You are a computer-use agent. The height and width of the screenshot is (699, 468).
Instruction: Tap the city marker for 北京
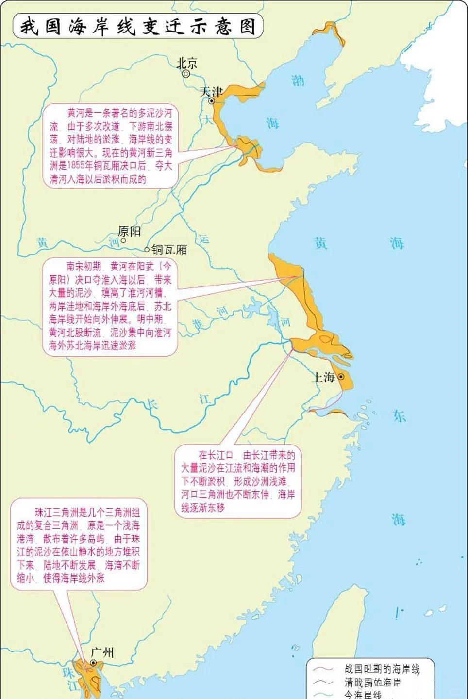click(186, 74)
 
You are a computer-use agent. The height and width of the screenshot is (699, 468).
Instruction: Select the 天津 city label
click(211, 91)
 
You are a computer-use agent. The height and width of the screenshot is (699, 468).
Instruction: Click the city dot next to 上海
click(341, 377)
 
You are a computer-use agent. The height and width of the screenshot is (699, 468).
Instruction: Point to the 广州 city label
click(103, 652)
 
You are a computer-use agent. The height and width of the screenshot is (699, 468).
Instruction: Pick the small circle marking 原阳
click(123, 240)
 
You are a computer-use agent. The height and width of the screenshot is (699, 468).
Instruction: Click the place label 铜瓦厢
click(169, 250)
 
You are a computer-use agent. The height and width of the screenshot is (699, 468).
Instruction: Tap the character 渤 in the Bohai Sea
click(298, 80)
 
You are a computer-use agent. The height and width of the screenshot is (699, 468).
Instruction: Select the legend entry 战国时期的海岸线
click(382, 669)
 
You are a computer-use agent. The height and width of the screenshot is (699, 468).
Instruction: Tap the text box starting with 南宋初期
click(110, 306)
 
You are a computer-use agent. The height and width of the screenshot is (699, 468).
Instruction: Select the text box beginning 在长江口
click(238, 481)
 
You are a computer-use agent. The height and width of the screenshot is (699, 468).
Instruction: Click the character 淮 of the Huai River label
click(198, 324)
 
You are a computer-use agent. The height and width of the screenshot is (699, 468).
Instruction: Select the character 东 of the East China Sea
click(399, 416)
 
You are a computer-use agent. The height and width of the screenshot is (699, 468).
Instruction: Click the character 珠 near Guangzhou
click(68, 673)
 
